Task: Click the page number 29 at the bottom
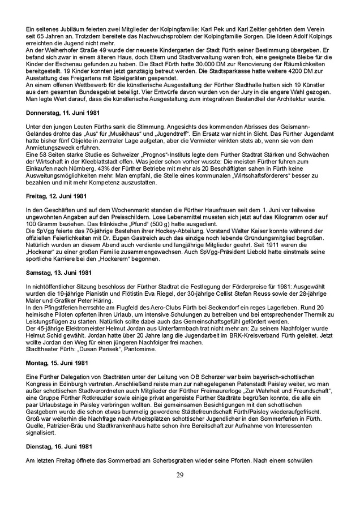point(179,474)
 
